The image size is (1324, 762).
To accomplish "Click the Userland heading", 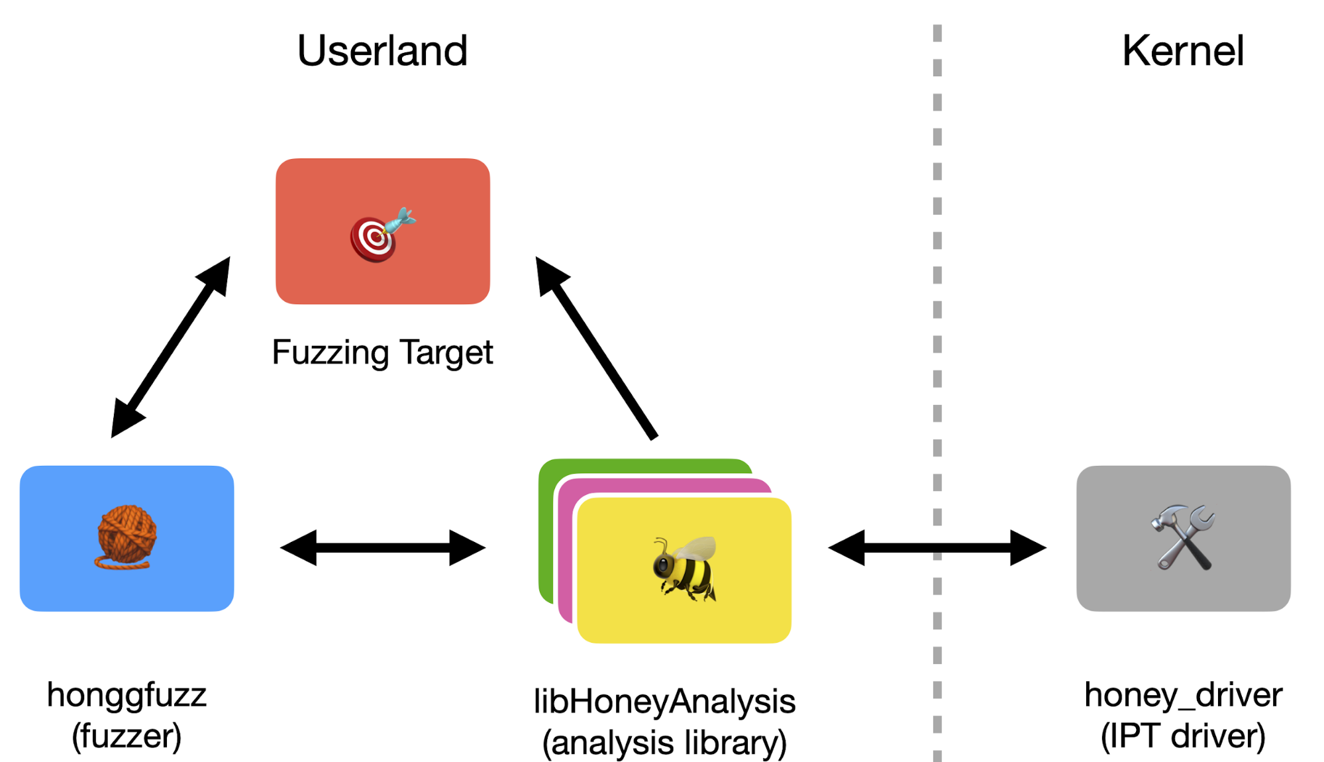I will (x=382, y=51).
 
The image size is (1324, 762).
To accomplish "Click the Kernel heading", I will (x=1183, y=51).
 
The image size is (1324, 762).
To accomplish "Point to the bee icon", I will (x=684, y=569).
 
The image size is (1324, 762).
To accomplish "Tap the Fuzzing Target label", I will (x=382, y=352).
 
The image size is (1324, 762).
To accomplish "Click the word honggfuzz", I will (x=127, y=695).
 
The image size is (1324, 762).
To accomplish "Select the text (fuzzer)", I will (x=127, y=736).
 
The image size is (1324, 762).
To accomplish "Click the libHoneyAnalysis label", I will (x=664, y=702).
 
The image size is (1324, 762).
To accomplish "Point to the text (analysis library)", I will (x=664, y=743).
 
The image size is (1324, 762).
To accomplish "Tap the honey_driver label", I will (x=1183, y=695).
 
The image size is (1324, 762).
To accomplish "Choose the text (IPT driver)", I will (x=1183, y=736).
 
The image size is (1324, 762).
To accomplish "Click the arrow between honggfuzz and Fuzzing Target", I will (x=171, y=347).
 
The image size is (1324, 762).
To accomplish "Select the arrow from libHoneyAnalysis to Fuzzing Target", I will (x=596, y=347).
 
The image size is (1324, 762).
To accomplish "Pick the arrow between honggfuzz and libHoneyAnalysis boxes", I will (x=383, y=548).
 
